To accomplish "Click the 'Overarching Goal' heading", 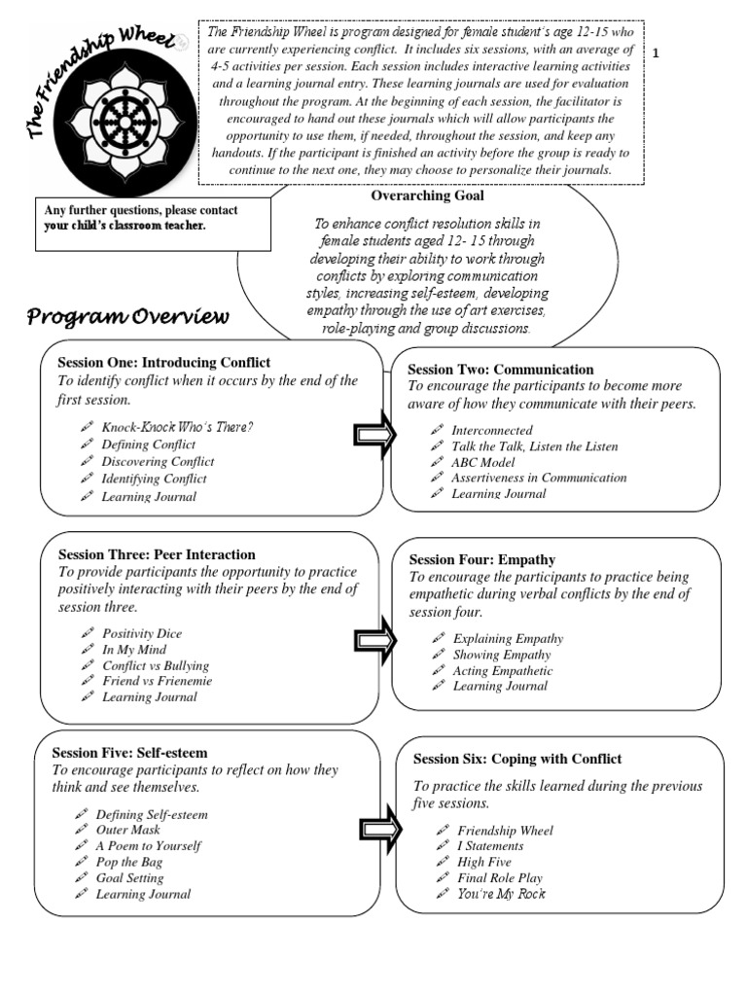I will (x=428, y=196).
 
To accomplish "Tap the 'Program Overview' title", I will (x=127, y=316).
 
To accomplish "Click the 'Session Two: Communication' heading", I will (x=500, y=370).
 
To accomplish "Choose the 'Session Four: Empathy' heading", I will (x=482, y=559).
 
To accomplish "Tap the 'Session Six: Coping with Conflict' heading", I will (x=517, y=759).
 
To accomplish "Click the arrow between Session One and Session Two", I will (x=374, y=435).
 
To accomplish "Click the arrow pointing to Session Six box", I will (x=381, y=829).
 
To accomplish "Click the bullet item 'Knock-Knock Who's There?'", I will (x=177, y=427).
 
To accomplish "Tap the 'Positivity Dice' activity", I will (x=142, y=633).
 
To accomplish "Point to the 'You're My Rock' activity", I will (x=501, y=893).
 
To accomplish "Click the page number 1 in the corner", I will (x=656, y=54).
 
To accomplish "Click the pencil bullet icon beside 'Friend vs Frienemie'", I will (x=87, y=681).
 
